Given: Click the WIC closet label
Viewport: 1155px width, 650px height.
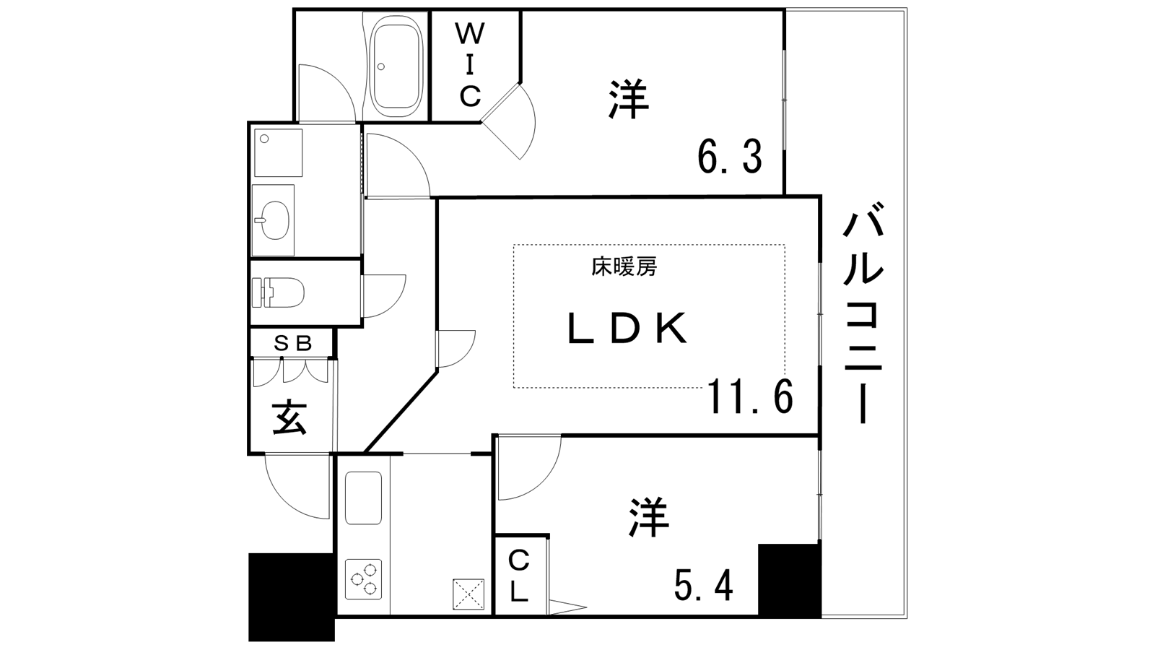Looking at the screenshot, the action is pos(470,66).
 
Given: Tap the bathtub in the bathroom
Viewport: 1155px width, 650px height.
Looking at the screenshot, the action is pos(398,66).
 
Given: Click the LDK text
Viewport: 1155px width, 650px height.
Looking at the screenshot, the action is pos(627,328).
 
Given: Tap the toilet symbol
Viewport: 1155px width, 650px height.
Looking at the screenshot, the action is pos(278,292).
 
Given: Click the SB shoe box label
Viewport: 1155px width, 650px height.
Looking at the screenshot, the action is pos(292,343).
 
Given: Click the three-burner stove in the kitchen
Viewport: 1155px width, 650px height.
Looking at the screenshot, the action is pos(364,578).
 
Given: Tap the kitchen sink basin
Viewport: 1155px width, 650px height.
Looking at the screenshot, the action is pos(364,498).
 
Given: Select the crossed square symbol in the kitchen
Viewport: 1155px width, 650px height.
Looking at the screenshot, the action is pos(468,594).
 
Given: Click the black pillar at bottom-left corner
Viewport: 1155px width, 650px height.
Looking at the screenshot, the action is pos(292,597).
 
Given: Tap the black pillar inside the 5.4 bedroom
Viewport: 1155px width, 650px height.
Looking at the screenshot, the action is pos(789,580).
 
